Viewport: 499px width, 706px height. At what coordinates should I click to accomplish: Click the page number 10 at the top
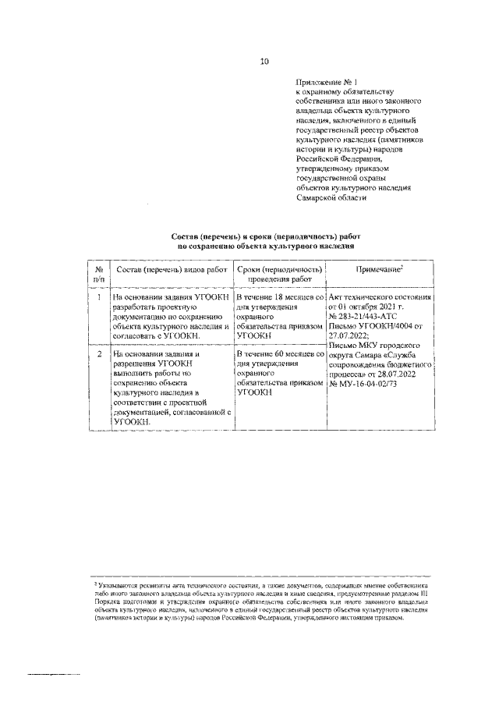(x=264, y=61)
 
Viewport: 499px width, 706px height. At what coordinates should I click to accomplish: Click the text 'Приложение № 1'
(x=325, y=81)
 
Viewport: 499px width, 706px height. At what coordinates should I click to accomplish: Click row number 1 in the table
(x=97, y=297)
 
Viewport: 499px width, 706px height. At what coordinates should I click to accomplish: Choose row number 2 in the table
(x=97, y=353)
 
